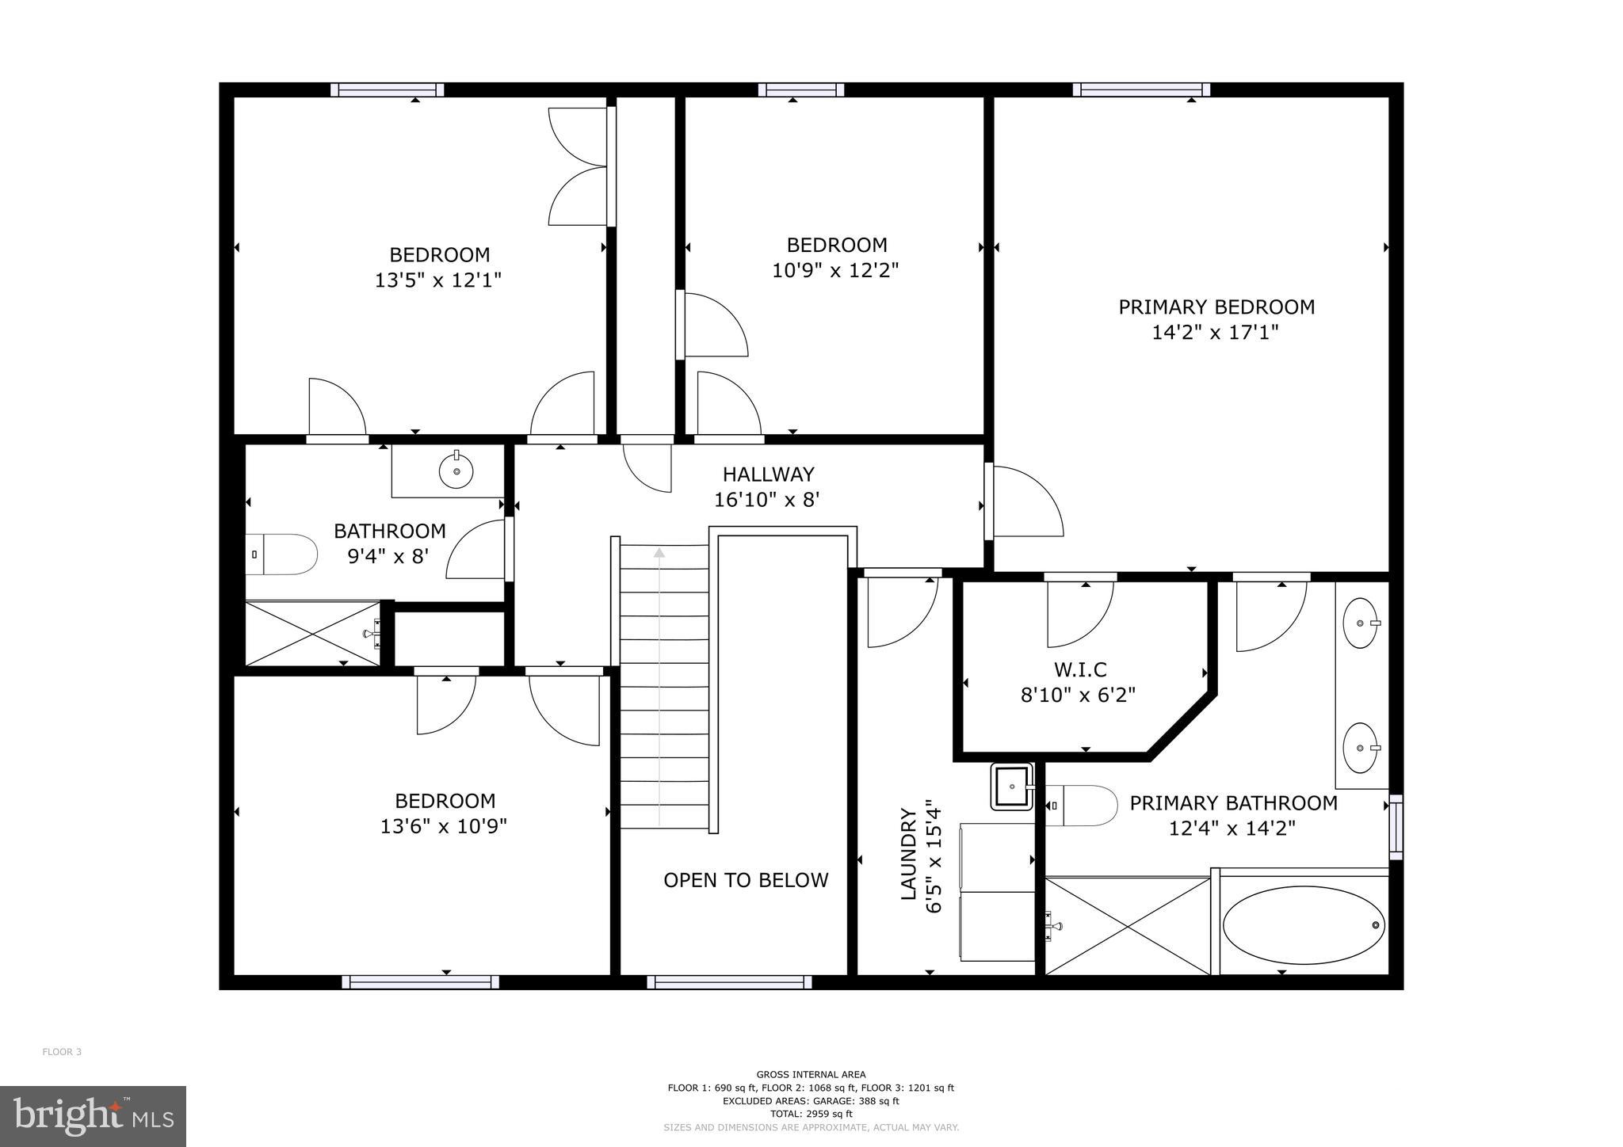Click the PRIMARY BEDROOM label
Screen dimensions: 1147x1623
[1216, 307]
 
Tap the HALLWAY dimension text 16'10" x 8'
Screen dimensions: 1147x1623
[766, 500]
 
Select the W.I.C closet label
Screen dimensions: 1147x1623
[1079, 670]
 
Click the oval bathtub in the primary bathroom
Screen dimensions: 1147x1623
[1303, 924]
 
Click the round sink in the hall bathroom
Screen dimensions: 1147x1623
[456, 471]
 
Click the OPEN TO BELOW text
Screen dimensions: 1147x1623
[746, 880]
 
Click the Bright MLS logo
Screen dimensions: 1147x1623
[93, 1116]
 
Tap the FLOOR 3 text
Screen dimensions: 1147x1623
[62, 1052]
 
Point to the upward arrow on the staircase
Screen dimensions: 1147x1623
[659, 552]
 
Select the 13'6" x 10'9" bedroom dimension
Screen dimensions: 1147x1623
[444, 826]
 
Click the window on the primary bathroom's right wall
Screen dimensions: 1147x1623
[1396, 827]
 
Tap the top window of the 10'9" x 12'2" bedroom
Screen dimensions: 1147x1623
[800, 90]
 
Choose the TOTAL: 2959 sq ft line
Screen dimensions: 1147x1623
[811, 1114]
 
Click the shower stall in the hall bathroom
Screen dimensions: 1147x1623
[312, 634]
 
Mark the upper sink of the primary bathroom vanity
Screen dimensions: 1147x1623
[1361, 623]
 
